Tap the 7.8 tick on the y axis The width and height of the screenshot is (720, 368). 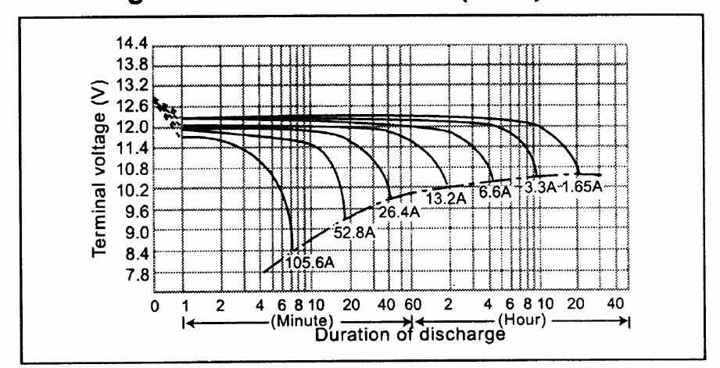(x=134, y=276)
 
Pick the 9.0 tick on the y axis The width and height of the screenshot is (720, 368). (x=134, y=233)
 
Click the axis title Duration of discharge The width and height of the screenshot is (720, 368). (x=406, y=335)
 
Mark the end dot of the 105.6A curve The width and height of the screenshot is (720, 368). (x=294, y=249)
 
